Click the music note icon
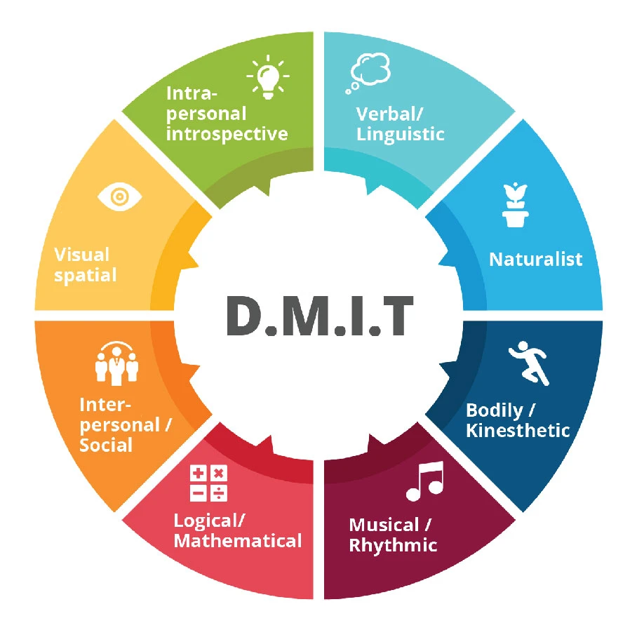(425, 481)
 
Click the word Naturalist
(535, 259)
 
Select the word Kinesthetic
(518, 430)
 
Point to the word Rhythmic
(393, 545)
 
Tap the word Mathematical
(238, 541)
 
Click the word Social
(106, 445)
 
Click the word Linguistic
(401, 133)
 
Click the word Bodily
(494, 409)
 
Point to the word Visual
(82, 254)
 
